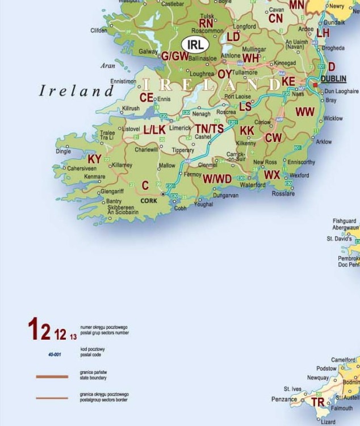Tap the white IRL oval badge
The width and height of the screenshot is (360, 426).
pos(195,44)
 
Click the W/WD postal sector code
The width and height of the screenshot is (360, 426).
pos(217,179)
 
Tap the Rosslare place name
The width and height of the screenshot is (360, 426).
pos(283,194)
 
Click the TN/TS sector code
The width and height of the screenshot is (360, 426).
pos(210,129)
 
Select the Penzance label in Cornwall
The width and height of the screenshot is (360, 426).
pos(283,399)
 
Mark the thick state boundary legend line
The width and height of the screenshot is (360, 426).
pos(52,376)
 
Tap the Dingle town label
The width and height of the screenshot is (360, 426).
pos(63,152)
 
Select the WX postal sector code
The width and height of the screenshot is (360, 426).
pos(272,175)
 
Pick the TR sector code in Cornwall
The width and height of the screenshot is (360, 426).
pos(319,402)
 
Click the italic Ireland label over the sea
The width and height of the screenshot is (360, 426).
pos(77,90)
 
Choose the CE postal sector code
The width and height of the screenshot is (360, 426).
pos(146,97)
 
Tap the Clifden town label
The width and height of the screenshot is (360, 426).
pos(99,31)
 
